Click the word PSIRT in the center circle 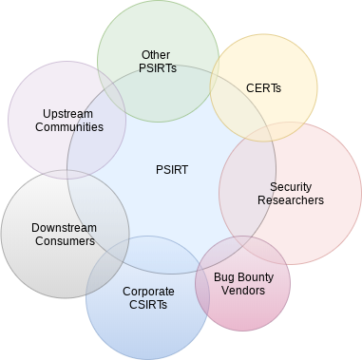(171, 170)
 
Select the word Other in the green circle (155, 55)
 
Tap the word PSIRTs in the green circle (155, 68)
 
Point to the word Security (290, 187)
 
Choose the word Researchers (290, 200)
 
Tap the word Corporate (148, 291)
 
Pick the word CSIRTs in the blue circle (148, 304)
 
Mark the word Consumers (63, 241)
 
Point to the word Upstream (66, 112)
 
